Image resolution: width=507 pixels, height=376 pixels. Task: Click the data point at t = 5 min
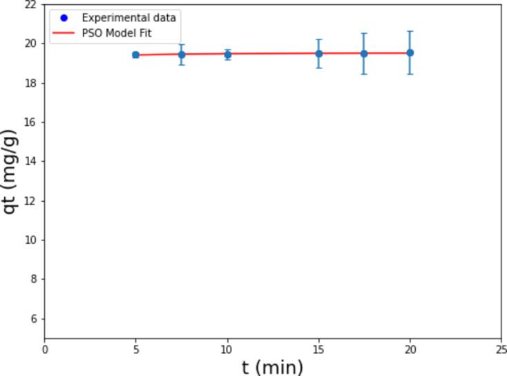[x=136, y=55]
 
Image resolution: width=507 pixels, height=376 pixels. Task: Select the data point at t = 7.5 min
[x=182, y=54]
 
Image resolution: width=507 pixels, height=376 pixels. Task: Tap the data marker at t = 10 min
[x=227, y=54]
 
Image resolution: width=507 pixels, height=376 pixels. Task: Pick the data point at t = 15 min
[x=318, y=53]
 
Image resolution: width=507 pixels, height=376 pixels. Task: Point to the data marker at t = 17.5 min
[x=364, y=53]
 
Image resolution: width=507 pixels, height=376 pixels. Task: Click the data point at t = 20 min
[x=410, y=53]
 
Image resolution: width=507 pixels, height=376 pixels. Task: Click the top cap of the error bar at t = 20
[x=410, y=31]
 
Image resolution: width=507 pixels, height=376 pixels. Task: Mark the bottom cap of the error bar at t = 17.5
[x=364, y=74]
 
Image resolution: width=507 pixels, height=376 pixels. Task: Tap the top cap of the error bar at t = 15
[x=318, y=39]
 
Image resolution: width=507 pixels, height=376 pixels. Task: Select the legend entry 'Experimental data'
[x=127, y=17]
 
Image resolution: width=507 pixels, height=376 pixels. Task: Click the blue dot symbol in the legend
[x=64, y=17]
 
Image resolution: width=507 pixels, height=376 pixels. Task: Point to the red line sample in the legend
[x=64, y=32]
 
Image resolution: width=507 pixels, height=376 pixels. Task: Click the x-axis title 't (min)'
[x=272, y=367]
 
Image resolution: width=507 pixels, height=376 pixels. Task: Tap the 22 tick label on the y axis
[x=32, y=4]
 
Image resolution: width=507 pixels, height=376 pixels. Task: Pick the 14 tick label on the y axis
[x=32, y=161]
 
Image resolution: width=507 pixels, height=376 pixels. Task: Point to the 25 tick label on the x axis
[x=501, y=349]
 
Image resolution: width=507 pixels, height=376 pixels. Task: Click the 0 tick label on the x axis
[x=45, y=349]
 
